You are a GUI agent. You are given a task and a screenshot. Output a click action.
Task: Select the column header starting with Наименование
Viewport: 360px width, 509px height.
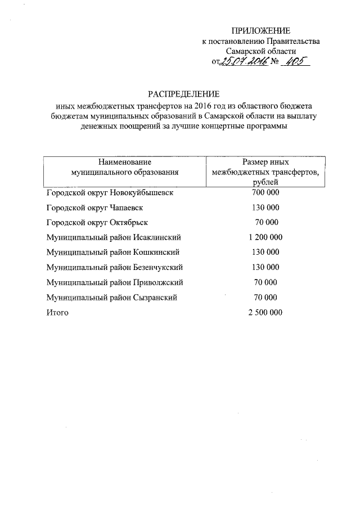pos(124,167)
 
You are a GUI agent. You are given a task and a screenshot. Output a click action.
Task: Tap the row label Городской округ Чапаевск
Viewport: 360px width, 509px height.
pos(94,208)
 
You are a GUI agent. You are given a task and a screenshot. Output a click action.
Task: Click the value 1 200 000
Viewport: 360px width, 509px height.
pos(265,237)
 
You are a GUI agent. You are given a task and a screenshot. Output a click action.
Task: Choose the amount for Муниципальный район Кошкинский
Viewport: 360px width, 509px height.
pos(265,253)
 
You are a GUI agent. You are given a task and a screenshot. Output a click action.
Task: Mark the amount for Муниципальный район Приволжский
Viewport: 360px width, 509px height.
pos(265,282)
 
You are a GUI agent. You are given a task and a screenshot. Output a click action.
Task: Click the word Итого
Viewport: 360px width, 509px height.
pos(57,313)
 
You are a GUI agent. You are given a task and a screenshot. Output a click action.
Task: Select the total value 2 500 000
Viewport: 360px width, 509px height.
pos(265,313)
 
